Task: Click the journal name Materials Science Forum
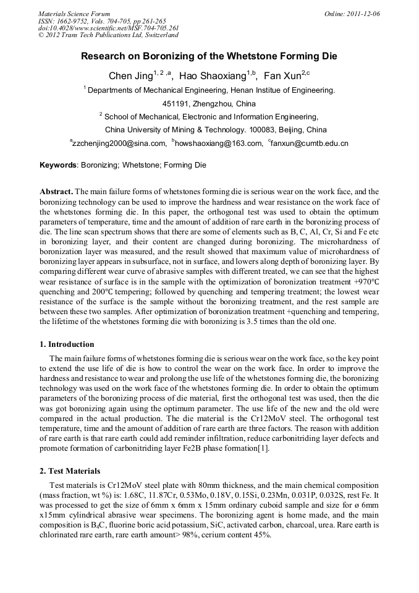74,13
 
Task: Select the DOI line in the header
108,28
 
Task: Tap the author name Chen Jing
129,76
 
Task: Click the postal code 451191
179,103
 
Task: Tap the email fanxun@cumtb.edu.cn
310,143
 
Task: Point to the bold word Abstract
56,192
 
